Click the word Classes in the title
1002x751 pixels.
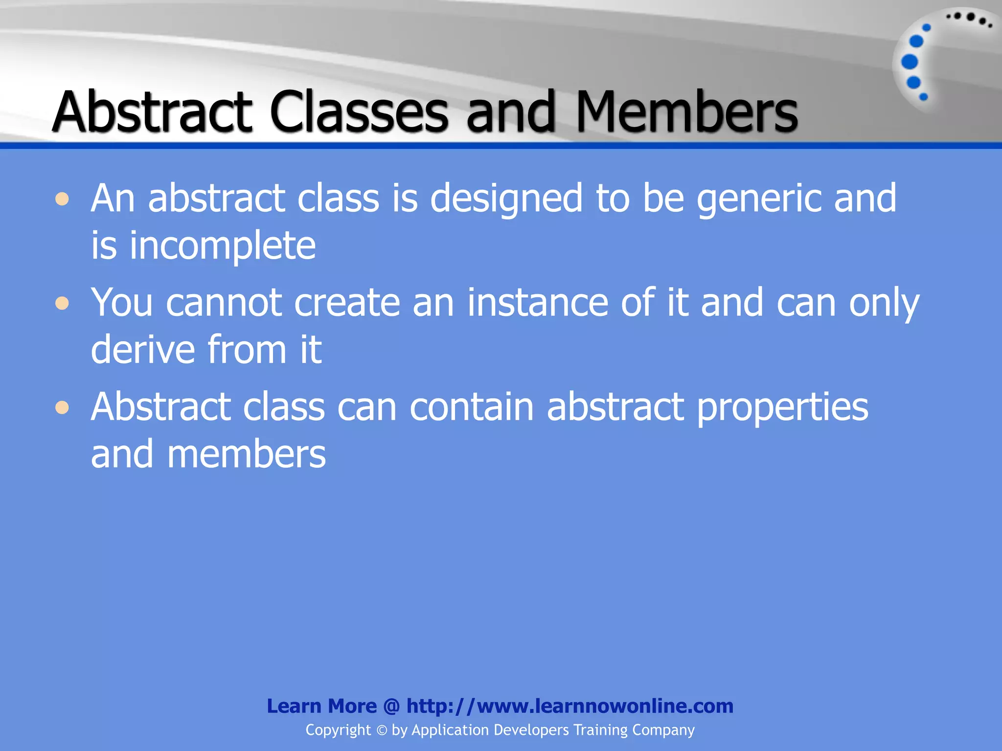pos(358,112)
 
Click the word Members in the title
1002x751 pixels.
pos(686,112)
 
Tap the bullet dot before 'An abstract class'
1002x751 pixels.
pos(62,199)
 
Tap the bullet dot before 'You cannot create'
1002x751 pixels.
pos(62,303)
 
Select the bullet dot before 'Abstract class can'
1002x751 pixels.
pos(62,407)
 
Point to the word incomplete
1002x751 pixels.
pos(223,246)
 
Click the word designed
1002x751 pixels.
pos(506,199)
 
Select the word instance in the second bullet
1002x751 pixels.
pos(538,303)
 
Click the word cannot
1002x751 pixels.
pos(224,303)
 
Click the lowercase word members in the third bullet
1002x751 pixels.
pos(246,454)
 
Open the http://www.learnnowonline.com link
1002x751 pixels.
pos(569,706)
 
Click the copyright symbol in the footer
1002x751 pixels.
pos(382,730)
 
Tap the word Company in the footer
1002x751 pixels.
pos(663,730)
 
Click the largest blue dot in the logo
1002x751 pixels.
pos(910,62)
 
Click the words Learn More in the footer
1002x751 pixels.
pos(321,706)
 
